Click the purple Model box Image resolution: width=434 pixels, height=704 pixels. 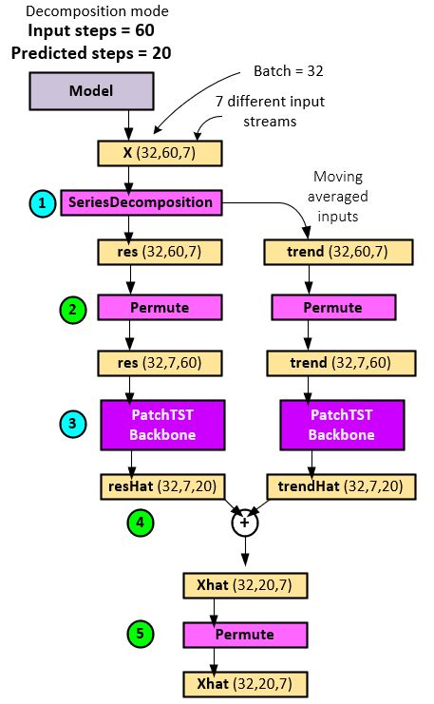(x=91, y=90)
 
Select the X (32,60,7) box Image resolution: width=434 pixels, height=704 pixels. (x=159, y=153)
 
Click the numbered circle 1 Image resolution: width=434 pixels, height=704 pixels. (x=42, y=202)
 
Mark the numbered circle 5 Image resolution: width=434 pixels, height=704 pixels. (x=141, y=633)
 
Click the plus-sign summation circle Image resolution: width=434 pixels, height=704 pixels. (x=246, y=523)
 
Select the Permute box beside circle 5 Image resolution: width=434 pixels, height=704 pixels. (x=244, y=634)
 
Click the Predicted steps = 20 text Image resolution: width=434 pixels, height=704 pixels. (x=91, y=52)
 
